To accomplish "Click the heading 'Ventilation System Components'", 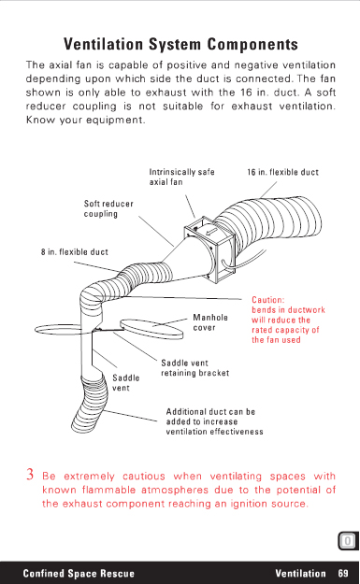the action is [x=180, y=44].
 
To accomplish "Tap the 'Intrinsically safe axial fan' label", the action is [x=181, y=177].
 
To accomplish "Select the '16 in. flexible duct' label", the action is [x=282, y=173].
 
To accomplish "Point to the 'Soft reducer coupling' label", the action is [x=108, y=208].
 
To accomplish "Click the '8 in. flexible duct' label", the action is [x=75, y=252].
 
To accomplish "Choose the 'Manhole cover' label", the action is [x=210, y=322].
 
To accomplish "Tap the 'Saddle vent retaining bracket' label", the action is [x=194, y=368].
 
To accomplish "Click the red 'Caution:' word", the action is [x=268, y=300].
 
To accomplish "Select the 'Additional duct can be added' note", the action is [x=214, y=421].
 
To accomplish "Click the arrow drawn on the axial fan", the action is [x=211, y=233].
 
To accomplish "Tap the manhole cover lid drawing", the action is [x=151, y=329].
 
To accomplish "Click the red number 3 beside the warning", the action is [x=30, y=474].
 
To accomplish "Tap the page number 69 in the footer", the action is [x=343, y=573].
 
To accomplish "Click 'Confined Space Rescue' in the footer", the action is [x=79, y=573].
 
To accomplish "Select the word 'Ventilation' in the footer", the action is [x=300, y=573].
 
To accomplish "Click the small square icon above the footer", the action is [x=348, y=541].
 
